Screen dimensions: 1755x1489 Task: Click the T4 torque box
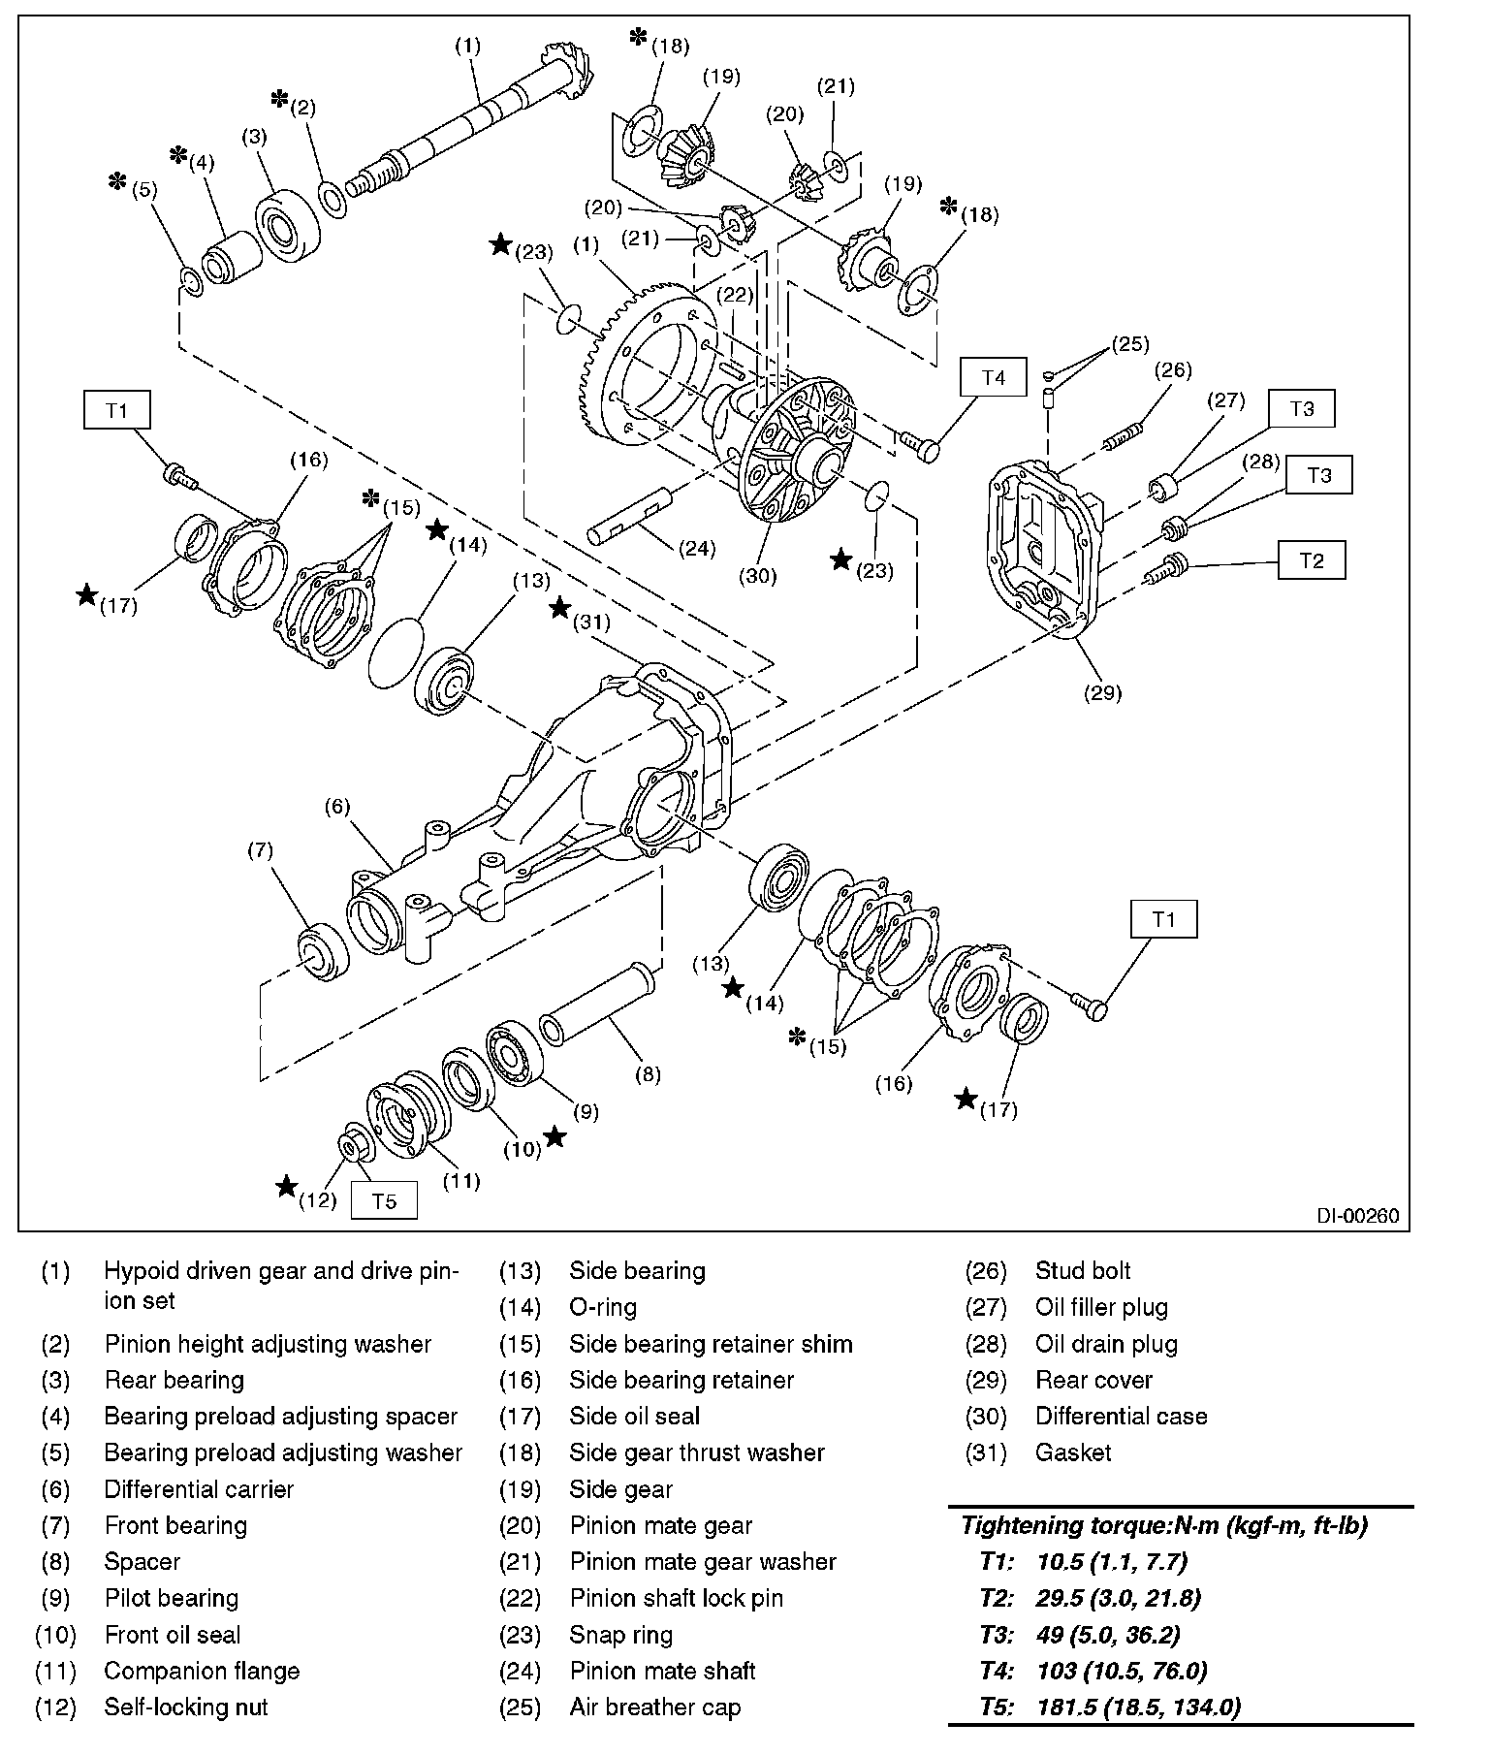(x=994, y=378)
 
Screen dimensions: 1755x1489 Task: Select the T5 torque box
(x=384, y=1201)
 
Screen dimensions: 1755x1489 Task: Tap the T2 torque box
(x=1311, y=561)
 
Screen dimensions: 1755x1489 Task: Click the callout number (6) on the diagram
(x=337, y=807)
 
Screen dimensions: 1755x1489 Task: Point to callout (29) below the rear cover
(x=1103, y=692)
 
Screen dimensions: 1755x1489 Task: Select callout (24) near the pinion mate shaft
(x=696, y=549)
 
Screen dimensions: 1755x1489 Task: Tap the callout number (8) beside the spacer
(x=648, y=1074)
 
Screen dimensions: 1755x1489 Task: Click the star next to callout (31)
(x=559, y=609)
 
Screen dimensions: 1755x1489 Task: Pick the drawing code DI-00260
(x=1357, y=1216)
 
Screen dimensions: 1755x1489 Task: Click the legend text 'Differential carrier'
(x=199, y=1489)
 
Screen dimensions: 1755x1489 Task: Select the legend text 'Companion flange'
(x=202, y=1671)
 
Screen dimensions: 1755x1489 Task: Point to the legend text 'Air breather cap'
(x=655, y=1707)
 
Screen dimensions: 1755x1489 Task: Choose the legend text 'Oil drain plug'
(x=1106, y=1344)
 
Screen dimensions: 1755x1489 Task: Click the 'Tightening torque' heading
(x=1163, y=1525)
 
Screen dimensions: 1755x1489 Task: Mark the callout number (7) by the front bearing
(x=261, y=850)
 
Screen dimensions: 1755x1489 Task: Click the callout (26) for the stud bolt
(x=1173, y=370)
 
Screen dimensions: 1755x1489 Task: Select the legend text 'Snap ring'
(x=621, y=1635)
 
